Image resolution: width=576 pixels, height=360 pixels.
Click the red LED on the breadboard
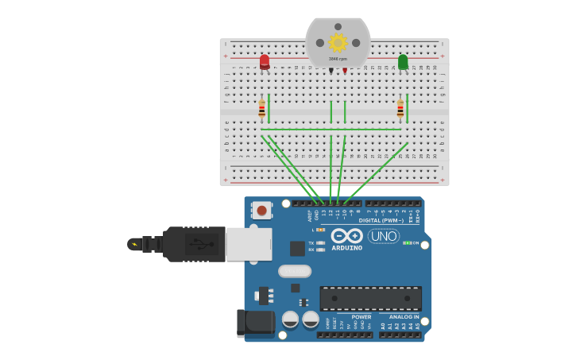[x=265, y=61]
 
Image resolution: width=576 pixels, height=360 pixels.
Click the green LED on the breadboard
[x=403, y=61]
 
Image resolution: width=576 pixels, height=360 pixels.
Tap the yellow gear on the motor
[x=338, y=42]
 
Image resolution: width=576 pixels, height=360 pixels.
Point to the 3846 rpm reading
[x=338, y=59]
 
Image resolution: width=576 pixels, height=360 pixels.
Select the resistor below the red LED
[x=261, y=109]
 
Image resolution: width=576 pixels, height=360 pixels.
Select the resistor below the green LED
[x=400, y=109]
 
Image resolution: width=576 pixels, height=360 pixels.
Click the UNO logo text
[x=383, y=236]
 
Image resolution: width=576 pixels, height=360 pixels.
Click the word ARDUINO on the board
[x=346, y=248]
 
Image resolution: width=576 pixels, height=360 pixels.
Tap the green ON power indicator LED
[x=406, y=243]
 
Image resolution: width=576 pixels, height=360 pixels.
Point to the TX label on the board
[x=311, y=242]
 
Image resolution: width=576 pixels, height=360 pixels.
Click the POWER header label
[x=361, y=316]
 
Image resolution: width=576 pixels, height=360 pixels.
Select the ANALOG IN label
[x=404, y=316]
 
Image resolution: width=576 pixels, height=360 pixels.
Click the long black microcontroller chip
[x=370, y=298]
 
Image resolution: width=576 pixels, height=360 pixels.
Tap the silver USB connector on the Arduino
[x=249, y=244]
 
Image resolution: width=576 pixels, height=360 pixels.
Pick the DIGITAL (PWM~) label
[x=381, y=220]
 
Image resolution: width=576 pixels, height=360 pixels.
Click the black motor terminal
[x=331, y=71]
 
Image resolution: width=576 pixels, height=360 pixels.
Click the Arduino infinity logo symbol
[x=347, y=235]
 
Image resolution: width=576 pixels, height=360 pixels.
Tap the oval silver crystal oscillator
[x=295, y=271]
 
